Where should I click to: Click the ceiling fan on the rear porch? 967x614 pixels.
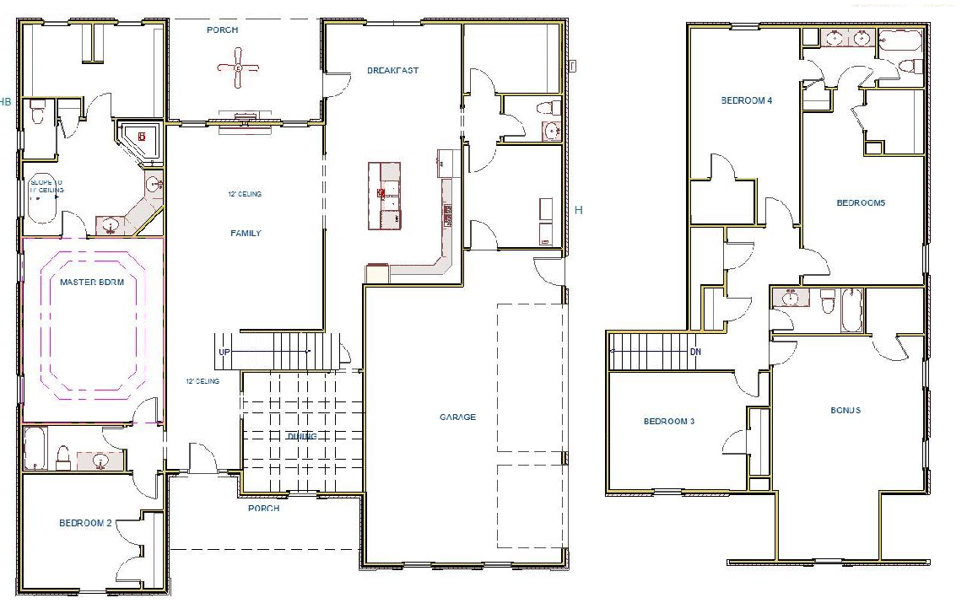(239, 67)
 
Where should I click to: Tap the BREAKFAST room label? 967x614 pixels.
(392, 71)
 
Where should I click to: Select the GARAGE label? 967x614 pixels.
(457, 417)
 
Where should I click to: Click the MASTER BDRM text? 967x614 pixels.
(92, 283)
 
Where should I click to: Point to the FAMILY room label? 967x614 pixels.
(246, 234)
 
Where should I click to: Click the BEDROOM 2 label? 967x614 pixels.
(85, 524)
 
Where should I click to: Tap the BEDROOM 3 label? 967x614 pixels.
(668, 422)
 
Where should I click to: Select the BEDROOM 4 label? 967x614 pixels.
(746, 100)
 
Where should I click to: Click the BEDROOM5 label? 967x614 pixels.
(861, 203)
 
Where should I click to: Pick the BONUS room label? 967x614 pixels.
(845, 411)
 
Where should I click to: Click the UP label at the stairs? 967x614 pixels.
(224, 353)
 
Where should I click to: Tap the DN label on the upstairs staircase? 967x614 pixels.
(695, 352)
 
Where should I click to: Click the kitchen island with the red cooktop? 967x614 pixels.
(384, 196)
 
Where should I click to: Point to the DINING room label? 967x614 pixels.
(301, 437)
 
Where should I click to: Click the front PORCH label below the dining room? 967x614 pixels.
(263, 509)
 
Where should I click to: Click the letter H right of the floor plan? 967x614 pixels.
(578, 210)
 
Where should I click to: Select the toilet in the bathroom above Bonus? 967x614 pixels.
(828, 300)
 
